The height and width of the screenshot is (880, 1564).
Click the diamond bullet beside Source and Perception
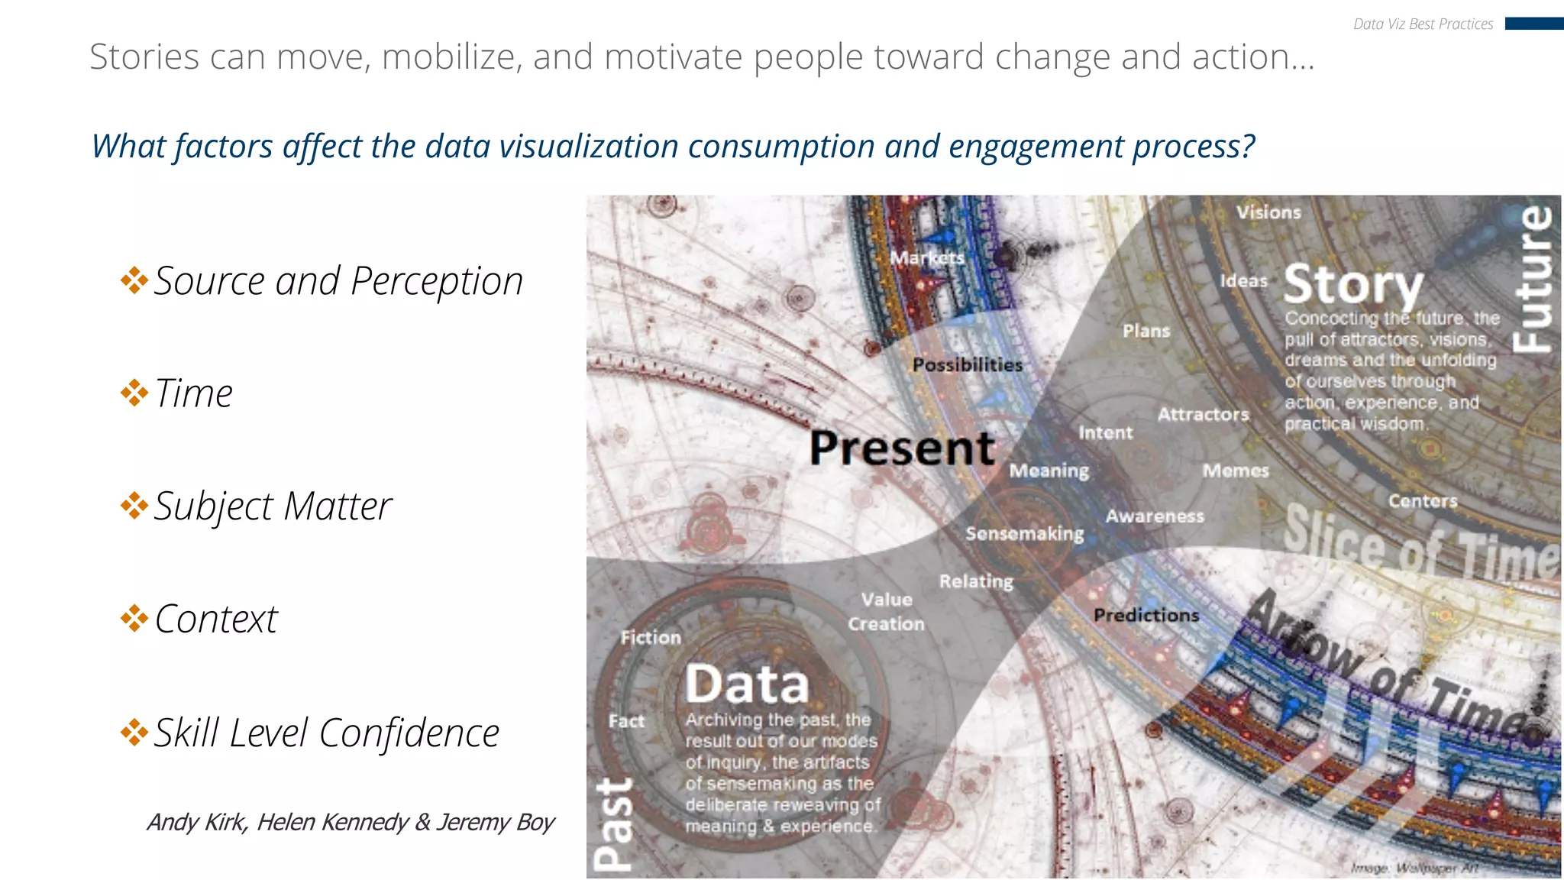pyautogui.click(x=134, y=280)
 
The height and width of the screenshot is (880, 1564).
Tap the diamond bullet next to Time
pyautogui.click(x=134, y=393)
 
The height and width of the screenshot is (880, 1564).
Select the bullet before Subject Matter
pyautogui.click(x=134, y=506)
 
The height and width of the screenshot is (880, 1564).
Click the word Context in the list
pyautogui.click(x=216, y=619)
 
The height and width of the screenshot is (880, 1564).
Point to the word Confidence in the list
pyautogui.click(x=409, y=733)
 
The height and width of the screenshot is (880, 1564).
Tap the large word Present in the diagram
pyautogui.click(x=902, y=448)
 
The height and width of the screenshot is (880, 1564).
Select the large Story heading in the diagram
pyautogui.click(x=1353, y=284)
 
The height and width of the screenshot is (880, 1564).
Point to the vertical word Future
pyautogui.click(x=1533, y=280)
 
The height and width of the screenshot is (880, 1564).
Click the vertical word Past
pyautogui.click(x=613, y=825)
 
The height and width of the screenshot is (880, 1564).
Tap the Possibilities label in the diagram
pyautogui.click(x=967, y=365)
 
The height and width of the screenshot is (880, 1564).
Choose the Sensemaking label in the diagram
pyautogui.click(x=1024, y=533)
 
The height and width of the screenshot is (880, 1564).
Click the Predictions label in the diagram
pyautogui.click(x=1146, y=615)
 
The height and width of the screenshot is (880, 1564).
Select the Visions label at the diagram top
pyautogui.click(x=1268, y=212)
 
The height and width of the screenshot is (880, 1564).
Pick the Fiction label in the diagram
pyautogui.click(x=651, y=637)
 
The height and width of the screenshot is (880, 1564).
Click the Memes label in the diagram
pyautogui.click(x=1235, y=471)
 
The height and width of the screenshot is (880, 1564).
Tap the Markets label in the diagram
pyautogui.click(x=927, y=257)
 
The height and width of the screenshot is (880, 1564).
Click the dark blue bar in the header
pyautogui.click(x=1533, y=24)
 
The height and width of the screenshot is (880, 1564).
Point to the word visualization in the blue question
pyautogui.click(x=551, y=146)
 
